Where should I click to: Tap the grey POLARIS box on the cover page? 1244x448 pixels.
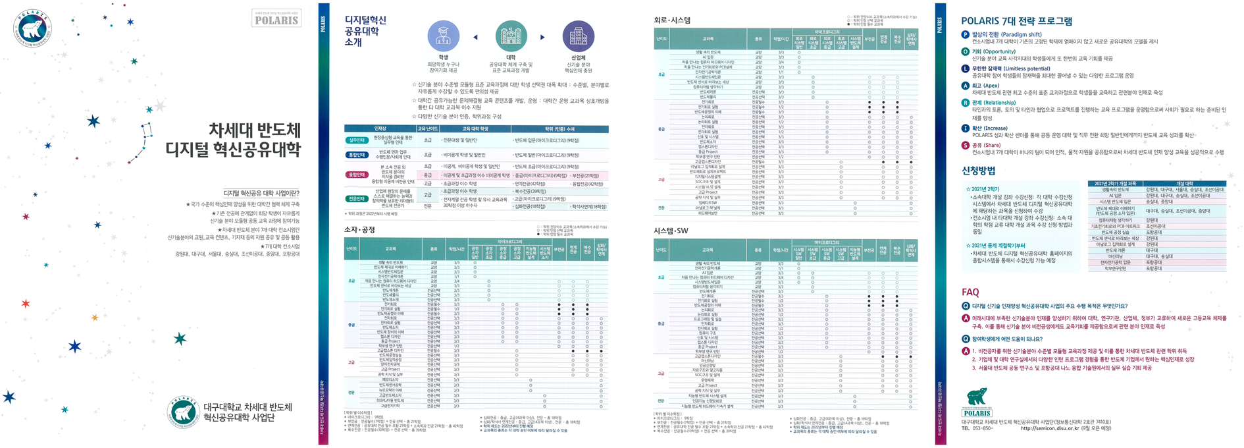(x=276, y=19)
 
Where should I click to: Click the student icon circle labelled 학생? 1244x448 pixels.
(x=444, y=37)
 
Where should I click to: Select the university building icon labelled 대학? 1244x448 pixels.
(x=511, y=36)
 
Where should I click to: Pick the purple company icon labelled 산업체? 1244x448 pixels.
(x=578, y=36)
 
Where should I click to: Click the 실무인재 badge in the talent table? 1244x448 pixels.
(x=357, y=140)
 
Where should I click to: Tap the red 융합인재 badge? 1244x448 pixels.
(x=357, y=175)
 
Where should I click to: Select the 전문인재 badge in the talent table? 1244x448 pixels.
(x=357, y=199)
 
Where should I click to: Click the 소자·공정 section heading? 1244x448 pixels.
(x=360, y=229)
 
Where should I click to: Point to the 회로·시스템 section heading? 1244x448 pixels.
(x=672, y=20)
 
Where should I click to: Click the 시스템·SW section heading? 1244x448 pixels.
(x=671, y=231)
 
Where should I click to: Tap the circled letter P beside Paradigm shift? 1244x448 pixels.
(x=966, y=34)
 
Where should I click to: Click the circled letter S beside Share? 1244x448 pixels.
(x=966, y=145)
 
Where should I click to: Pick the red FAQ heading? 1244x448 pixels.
(x=970, y=292)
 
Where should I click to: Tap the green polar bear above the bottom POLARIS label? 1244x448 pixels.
(x=977, y=397)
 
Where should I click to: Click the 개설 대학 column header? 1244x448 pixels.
(x=1184, y=184)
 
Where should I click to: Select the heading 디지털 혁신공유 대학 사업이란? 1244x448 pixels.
(x=261, y=193)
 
